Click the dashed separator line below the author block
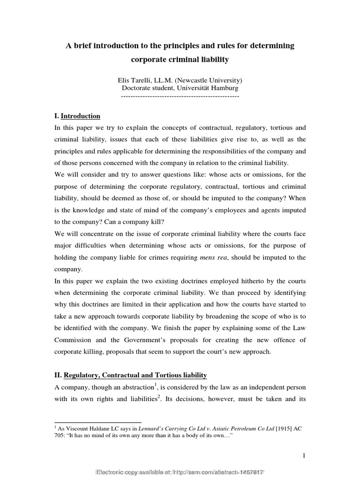pyautogui.click(x=180, y=95)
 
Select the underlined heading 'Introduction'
pyautogui.click(x=81, y=116)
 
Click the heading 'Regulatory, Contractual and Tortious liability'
pyautogui.click(x=135, y=375)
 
